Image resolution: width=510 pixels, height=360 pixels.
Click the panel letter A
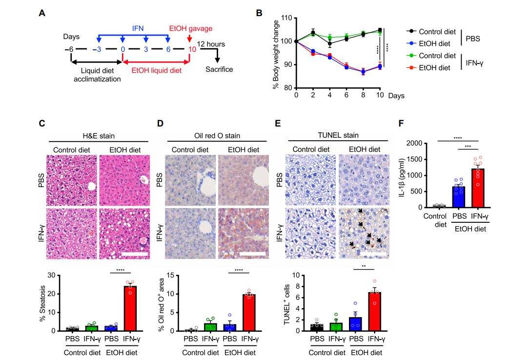[x=42, y=13]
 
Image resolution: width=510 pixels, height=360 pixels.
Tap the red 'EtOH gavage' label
[x=190, y=29]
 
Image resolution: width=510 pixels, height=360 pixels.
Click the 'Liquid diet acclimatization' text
[x=96, y=74]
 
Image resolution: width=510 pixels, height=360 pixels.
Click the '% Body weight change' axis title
[x=276, y=53]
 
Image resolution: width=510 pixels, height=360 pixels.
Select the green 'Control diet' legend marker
[x=412, y=56]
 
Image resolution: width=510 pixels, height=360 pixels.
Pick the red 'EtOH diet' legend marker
[x=412, y=68]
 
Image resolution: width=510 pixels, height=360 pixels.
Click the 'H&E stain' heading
[x=97, y=135]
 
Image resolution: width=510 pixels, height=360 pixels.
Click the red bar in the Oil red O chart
[x=248, y=313]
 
